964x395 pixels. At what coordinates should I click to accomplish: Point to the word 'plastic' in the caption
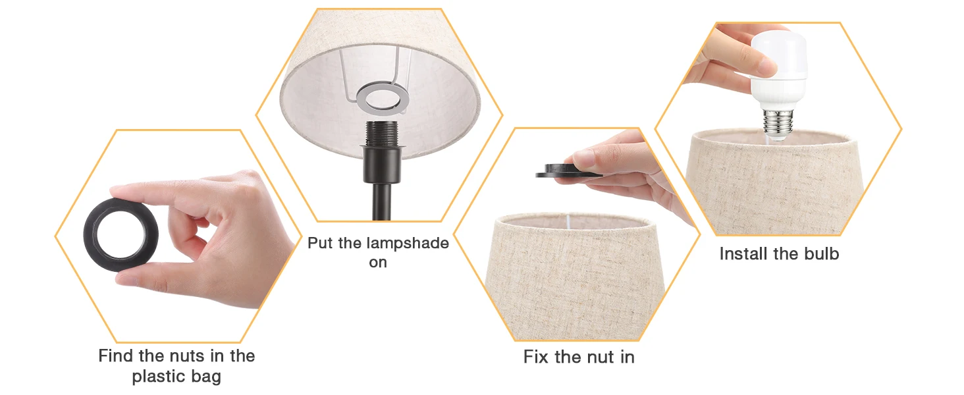click(x=160, y=377)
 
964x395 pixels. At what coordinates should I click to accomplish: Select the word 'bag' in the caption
click(x=206, y=377)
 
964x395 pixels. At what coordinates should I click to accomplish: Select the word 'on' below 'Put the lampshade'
click(x=378, y=262)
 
